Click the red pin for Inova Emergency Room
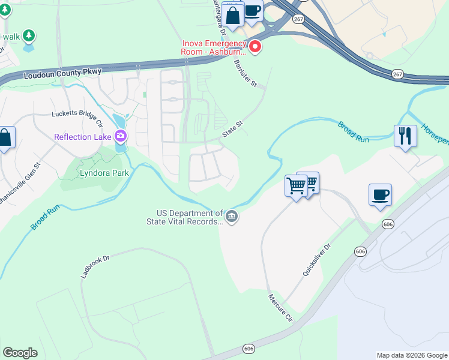[255, 47]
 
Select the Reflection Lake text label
[83, 137]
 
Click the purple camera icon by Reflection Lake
[122, 137]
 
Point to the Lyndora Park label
[104, 173]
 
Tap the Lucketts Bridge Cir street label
[77, 113]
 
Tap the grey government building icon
[232, 216]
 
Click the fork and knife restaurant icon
[406, 136]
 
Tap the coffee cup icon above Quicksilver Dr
[380, 194]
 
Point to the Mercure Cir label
[279, 306]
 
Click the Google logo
[20, 353]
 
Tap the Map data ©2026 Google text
[411, 355]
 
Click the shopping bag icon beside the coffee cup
[232, 14]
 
